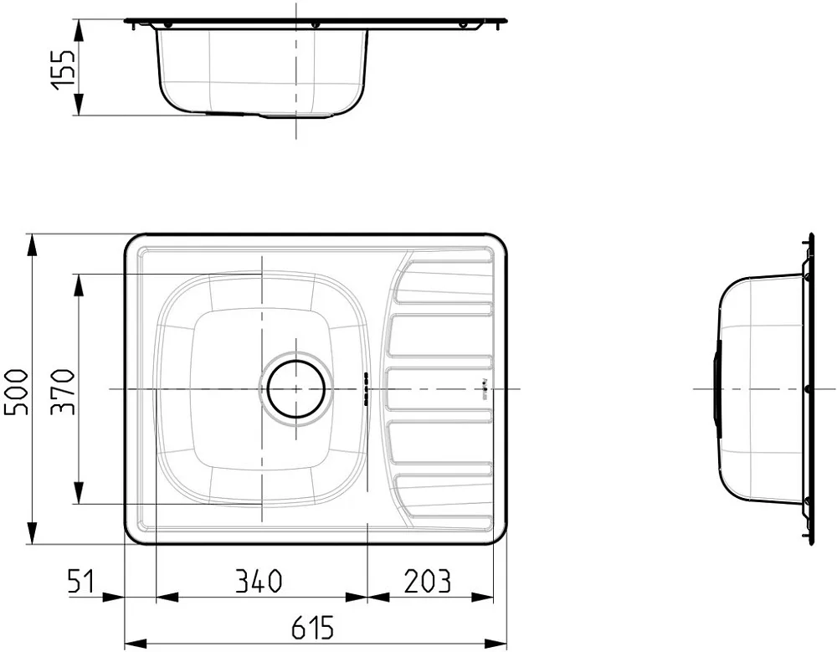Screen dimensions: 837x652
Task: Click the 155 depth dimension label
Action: pyautogui.click(x=64, y=69)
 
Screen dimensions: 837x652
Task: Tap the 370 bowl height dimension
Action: pyautogui.click(x=64, y=392)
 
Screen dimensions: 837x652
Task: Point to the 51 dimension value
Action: pyautogui.click(x=81, y=582)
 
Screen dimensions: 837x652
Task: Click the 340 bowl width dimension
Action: pyautogui.click(x=259, y=582)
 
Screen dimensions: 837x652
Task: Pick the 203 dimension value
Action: pyautogui.click(x=427, y=582)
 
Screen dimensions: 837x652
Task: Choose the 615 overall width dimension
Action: pyautogui.click(x=313, y=628)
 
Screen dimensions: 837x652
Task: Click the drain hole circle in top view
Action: pyautogui.click(x=295, y=388)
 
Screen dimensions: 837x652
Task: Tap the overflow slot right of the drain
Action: pyautogui.click(x=367, y=388)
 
